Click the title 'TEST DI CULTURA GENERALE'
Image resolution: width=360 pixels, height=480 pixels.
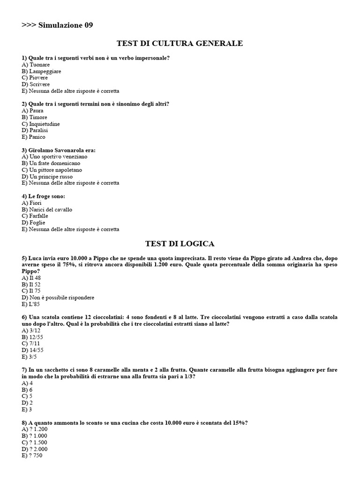(180, 44)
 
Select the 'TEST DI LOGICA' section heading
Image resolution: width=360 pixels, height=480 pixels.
(180, 244)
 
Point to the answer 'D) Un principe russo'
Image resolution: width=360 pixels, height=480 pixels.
(47, 176)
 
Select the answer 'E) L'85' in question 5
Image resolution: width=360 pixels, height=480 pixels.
(31, 304)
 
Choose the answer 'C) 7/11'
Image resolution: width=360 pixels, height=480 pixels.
(30, 343)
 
